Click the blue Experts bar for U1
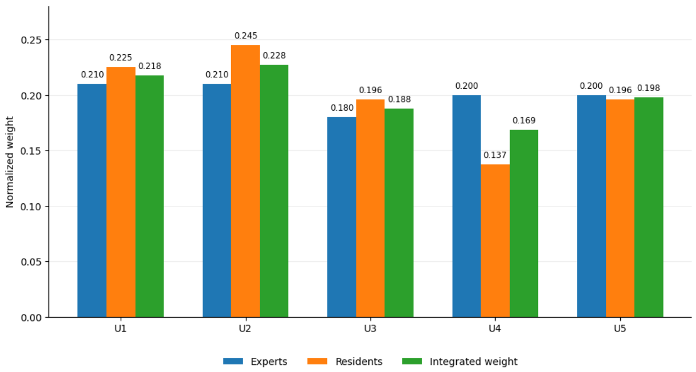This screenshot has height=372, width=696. coord(92,201)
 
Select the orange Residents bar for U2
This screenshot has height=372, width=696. coord(245,181)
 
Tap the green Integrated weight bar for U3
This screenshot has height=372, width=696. coord(399,213)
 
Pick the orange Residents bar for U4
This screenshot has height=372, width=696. coord(495,241)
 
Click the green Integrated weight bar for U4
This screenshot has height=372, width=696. coord(524,224)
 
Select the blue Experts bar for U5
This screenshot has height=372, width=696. coord(592,206)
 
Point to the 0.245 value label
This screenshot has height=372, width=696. coord(246,36)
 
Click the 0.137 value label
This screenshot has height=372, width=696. coord(495,155)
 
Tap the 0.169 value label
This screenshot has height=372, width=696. coord(524,121)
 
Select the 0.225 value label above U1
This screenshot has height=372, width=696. coord(121,58)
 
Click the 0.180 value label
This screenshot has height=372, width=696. coord(342,108)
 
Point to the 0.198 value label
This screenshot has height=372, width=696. coord(648,88)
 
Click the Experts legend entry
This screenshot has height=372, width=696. coord(255,362)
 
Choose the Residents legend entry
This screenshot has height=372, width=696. coord(345,362)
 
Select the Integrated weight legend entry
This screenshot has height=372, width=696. coord(460,362)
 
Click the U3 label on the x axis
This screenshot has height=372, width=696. coord(370,328)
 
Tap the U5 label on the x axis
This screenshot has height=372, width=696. coord(620,328)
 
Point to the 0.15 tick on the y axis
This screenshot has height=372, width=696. coord(31,151)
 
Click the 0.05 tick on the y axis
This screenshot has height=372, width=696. coord(31,262)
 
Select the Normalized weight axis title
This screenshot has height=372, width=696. coord(10,162)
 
